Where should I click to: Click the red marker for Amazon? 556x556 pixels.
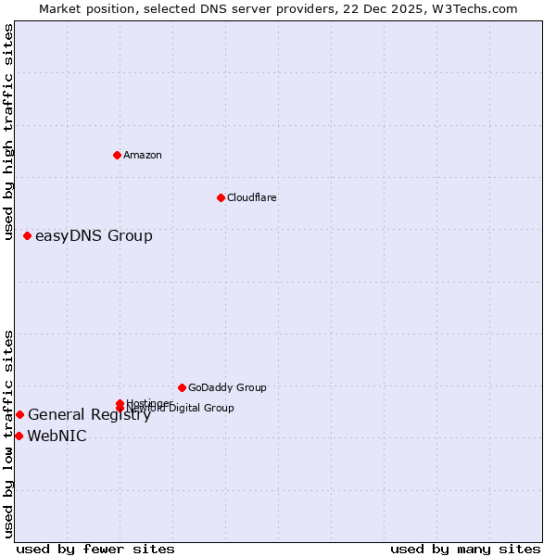tap(117, 155)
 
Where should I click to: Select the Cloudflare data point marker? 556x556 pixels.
tap(221, 197)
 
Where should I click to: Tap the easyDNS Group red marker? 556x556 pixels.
tap(28, 235)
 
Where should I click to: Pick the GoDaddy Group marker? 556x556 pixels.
tap(182, 387)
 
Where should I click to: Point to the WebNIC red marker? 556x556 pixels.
tap(19, 436)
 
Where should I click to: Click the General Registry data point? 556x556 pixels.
tap(19, 414)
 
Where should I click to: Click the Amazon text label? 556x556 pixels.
tap(143, 155)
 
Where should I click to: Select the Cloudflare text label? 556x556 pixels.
tap(252, 197)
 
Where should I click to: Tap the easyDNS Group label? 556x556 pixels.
tap(94, 235)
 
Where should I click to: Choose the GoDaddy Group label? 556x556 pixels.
tap(227, 387)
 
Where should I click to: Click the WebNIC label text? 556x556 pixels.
tap(57, 436)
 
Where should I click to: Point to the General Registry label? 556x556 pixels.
tap(89, 415)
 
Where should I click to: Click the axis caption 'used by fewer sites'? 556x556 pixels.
tap(95, 549)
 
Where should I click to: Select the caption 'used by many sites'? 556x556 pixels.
tap(465, 549)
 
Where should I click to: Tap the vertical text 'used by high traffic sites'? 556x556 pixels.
tap(9, 132)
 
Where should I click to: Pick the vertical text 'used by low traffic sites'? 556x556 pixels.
tap(9, 433)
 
